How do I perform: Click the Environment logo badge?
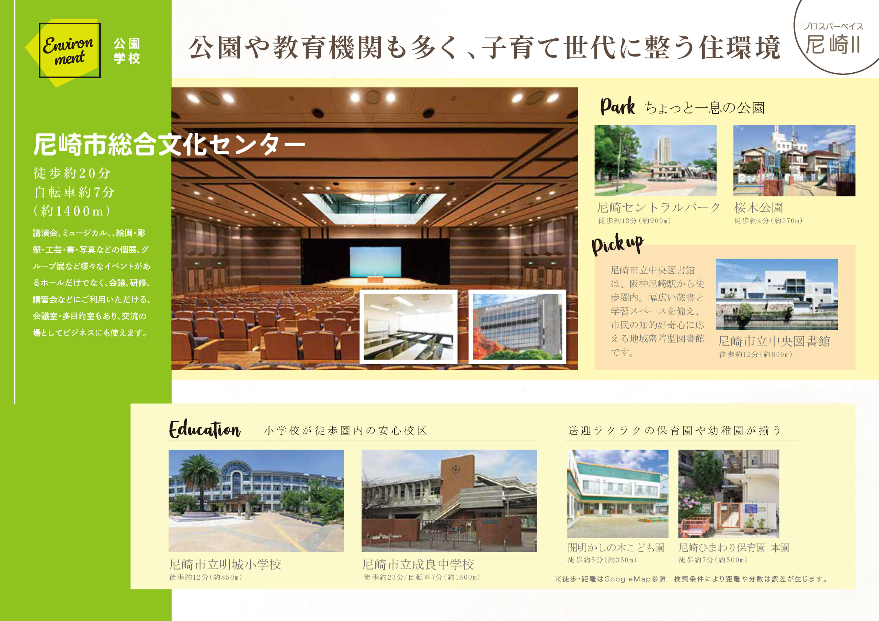[x=70, y=50]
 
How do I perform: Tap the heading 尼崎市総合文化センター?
[x=169, y=145]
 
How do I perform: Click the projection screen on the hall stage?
[x=375, y=261]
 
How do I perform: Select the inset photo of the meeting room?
[x=408, y=326]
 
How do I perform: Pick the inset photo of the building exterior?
[x=517, y=326]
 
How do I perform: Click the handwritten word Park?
[x=617, y=106]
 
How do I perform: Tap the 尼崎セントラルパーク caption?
[x=658, y=208]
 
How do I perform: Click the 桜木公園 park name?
[x=758, y=208]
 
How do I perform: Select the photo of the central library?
[x=776, y=294]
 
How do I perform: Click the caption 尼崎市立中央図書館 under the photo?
[x=774, y=341]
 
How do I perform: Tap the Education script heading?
[x=205, y=429]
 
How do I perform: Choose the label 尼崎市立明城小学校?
[x=225, y=564]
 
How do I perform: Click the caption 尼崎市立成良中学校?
[x=418, y=564]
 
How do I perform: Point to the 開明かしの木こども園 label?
[x=616, y=548]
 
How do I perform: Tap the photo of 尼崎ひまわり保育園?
[x=729, y=493]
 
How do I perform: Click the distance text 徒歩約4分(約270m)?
[x=768, y=220]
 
